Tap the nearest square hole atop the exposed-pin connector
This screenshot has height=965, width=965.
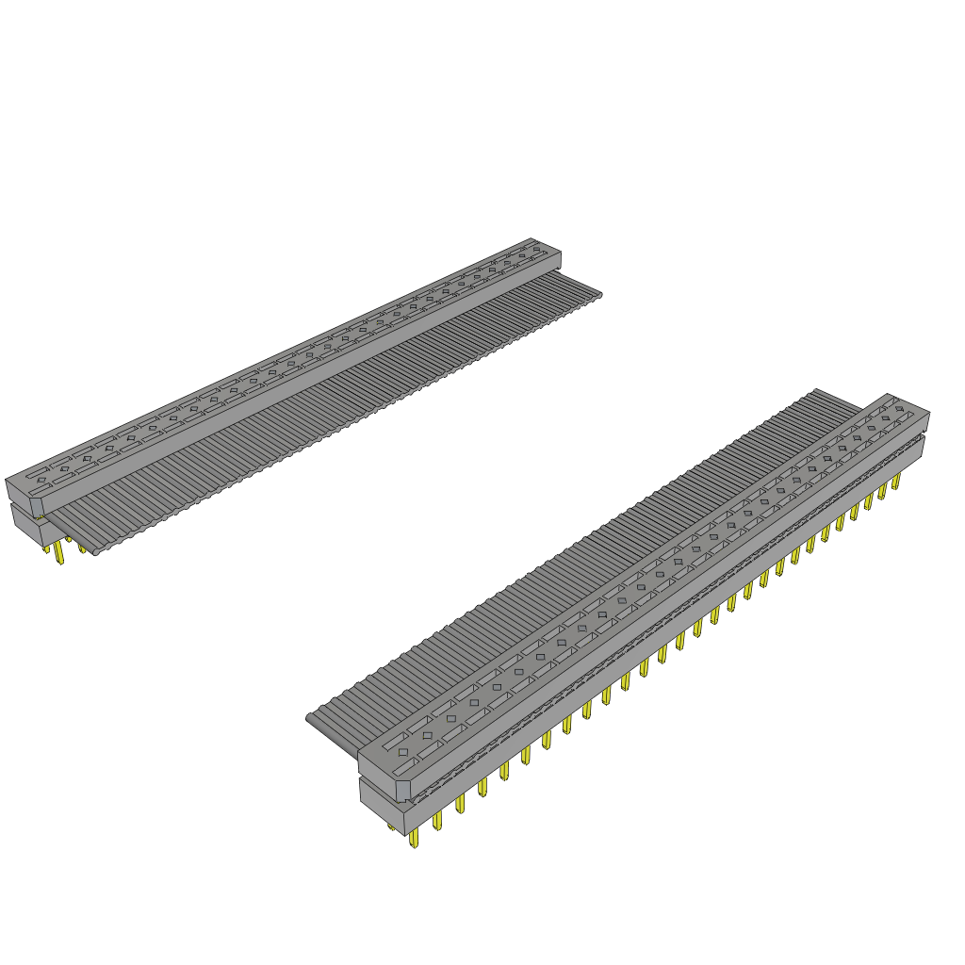click(x=403, y=751)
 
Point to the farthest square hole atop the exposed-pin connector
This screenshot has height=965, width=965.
click(x=898, y=409)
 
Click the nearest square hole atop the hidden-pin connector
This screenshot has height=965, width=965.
click(x=41, y=480)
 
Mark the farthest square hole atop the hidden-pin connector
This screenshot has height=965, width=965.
click(x=536, y=250)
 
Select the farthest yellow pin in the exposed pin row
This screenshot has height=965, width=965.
click(x=895, y=482)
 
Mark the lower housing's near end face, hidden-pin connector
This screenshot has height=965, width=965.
click(x=25, y=524)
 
